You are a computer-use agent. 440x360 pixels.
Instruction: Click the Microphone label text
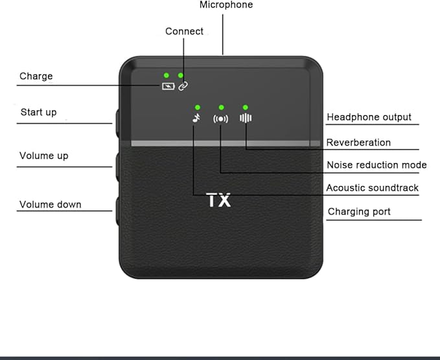click(226, 5)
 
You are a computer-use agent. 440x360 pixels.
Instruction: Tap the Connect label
click(184, 31)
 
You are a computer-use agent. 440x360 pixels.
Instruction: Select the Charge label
click(36, 76)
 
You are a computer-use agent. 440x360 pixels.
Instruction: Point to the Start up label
click(38, 113)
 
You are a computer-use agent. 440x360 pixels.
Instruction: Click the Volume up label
click(44, 156)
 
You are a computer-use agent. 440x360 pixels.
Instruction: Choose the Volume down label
click(51, 205)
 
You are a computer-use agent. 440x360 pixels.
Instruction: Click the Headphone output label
click(369, 117)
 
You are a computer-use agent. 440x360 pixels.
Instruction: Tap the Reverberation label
click(358, 142)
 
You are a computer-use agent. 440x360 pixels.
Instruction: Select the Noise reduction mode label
click(376, 165)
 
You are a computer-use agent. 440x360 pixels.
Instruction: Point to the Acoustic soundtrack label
click(372, 188)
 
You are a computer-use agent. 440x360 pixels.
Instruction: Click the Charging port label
click(359, 212)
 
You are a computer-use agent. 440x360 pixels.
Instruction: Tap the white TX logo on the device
click(218, 200)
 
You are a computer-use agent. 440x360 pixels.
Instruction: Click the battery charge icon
click(168, 86)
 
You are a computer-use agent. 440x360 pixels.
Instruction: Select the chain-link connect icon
click(183, 86)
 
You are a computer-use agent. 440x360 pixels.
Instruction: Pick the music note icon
click(197, 118)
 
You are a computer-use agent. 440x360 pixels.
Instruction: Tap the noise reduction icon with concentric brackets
click(220, 119)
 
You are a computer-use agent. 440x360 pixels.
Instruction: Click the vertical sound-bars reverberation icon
click(246, 118)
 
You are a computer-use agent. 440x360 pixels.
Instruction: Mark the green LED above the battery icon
click(167, 75)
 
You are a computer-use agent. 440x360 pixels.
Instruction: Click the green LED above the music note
click(198, 107)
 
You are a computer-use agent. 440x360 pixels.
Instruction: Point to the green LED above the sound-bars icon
click(246, 107)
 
